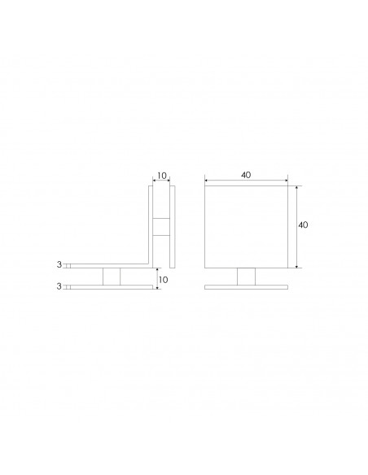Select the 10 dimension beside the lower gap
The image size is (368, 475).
[163, 279]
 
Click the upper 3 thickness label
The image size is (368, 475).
[59, 265]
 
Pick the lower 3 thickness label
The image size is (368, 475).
[59, 286]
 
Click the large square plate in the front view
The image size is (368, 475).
[245, 226]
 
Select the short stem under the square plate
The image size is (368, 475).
[245, 276]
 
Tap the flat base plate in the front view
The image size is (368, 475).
[245, 286]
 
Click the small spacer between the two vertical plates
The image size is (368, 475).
[160, 226]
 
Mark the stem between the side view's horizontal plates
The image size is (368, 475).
[112, 276]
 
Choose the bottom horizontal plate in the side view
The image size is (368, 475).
[112, 286]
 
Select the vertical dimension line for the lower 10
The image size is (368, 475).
[156, 279]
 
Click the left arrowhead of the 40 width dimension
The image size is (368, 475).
[206, 181]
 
